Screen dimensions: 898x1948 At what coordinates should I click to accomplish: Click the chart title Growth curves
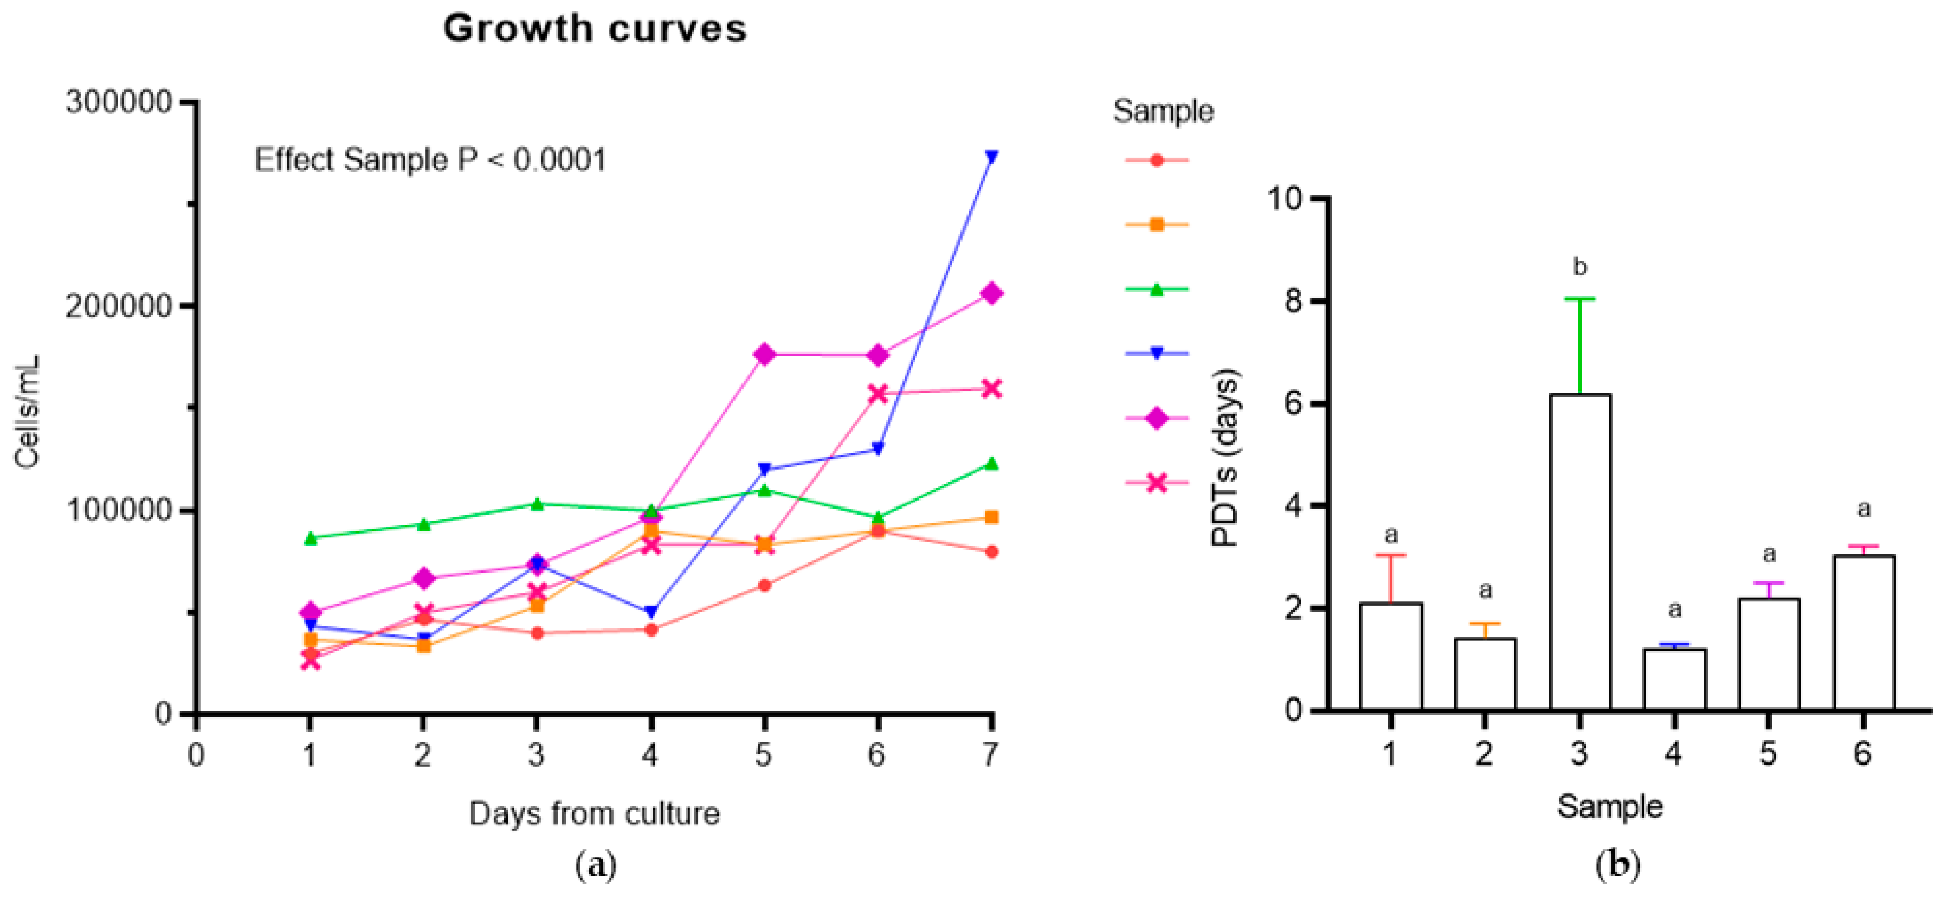595,29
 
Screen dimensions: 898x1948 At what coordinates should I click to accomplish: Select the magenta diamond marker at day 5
764,354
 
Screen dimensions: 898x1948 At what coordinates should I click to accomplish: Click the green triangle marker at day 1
310,538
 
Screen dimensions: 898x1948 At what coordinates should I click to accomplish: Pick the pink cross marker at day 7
991,389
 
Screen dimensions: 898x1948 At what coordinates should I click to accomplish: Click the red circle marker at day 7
991,551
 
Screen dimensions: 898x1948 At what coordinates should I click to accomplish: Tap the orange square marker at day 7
991,517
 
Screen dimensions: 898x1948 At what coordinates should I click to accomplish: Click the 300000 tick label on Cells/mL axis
119,101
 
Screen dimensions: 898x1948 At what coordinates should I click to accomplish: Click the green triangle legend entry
1156,289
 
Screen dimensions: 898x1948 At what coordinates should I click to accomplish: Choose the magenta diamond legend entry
1156,418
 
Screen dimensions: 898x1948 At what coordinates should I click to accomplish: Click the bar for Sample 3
1580,552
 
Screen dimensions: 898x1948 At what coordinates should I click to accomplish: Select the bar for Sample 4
1674,679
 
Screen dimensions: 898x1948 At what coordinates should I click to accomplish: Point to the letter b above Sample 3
1580,267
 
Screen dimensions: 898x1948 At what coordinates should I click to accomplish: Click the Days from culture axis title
595,814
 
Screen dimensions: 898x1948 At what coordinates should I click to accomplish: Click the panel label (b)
1617,864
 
